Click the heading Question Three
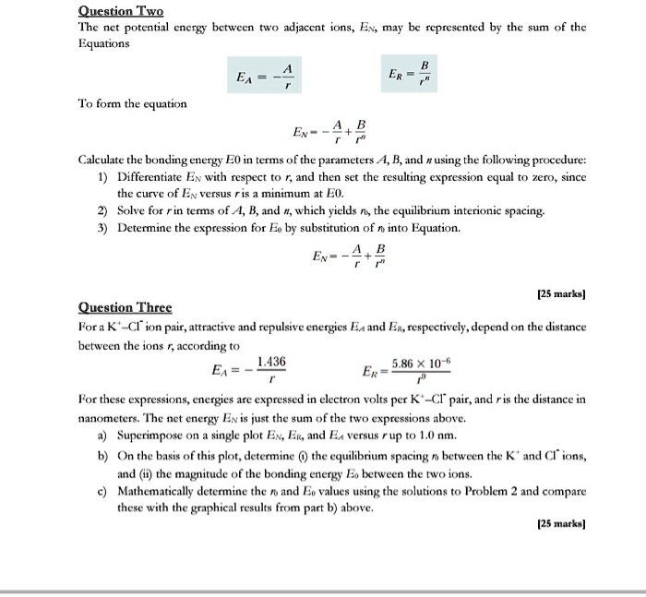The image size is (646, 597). (126, 308)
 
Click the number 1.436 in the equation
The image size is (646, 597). (271, 363)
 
